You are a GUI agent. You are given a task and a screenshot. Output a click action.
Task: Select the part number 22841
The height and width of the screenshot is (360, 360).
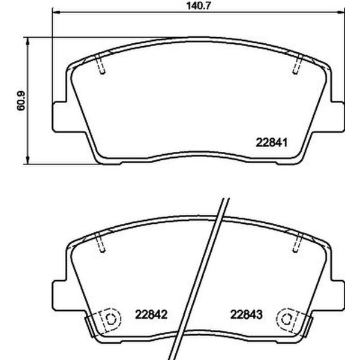(274, 143)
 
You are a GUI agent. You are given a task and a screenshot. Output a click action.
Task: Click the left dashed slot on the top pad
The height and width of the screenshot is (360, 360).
(101, 64)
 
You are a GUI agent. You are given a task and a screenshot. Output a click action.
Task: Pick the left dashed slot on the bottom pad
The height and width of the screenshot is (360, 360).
(101, 244)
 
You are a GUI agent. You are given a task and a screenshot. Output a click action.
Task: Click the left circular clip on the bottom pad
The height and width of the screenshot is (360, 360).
(109, 320)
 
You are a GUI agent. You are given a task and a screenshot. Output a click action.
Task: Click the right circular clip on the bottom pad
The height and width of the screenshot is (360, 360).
(287, 320)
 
